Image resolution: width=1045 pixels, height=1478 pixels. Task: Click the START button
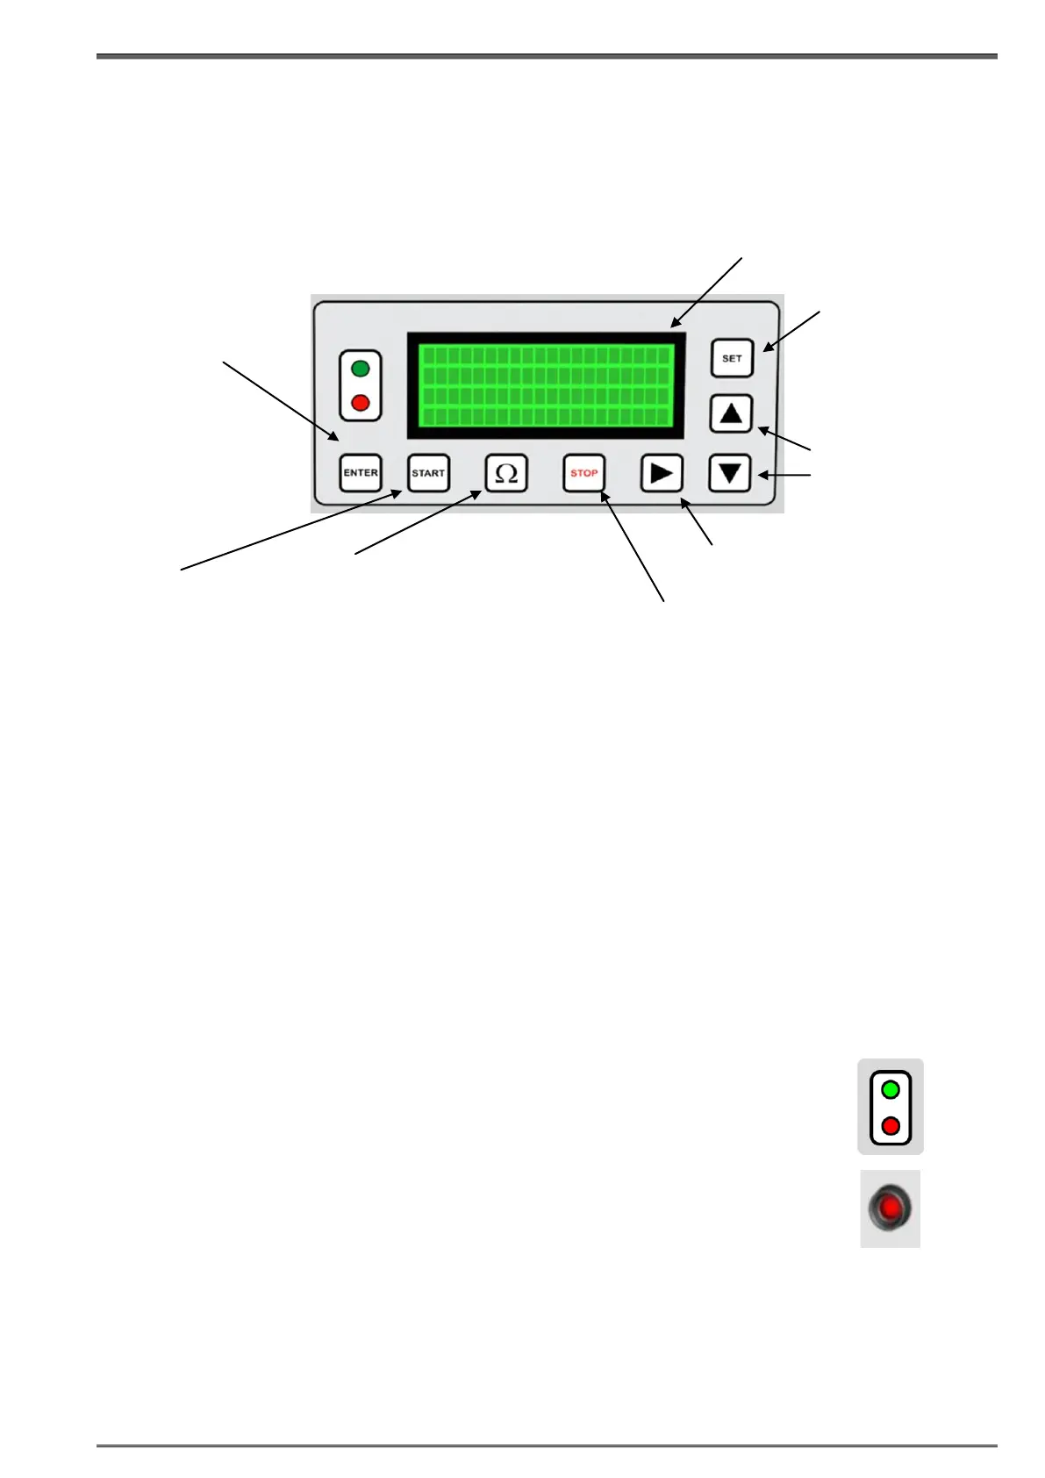point(428,473)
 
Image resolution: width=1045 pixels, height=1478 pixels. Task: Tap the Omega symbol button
point(506,473)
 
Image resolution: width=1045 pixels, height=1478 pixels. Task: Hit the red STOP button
point(583,473)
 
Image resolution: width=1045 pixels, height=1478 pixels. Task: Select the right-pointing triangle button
point(662,473)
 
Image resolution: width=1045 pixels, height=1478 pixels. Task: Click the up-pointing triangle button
point(731,413)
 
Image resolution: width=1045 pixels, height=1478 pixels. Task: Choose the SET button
point(732,358)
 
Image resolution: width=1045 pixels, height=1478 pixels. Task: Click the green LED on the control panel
point(360,369)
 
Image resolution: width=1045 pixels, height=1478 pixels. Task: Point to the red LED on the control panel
point(360,404)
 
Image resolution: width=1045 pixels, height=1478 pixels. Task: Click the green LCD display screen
point(545,385)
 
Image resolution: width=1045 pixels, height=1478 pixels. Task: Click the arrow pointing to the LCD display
point(707,292)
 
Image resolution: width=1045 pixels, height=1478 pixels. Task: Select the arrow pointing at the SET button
point(791,330)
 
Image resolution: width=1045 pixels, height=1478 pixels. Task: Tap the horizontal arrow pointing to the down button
point(784,476)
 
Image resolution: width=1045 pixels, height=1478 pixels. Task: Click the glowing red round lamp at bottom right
point(890,1209)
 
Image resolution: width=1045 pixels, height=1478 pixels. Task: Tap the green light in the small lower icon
point(891,1090)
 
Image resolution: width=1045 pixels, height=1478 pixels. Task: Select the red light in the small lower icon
point(891,1125)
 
